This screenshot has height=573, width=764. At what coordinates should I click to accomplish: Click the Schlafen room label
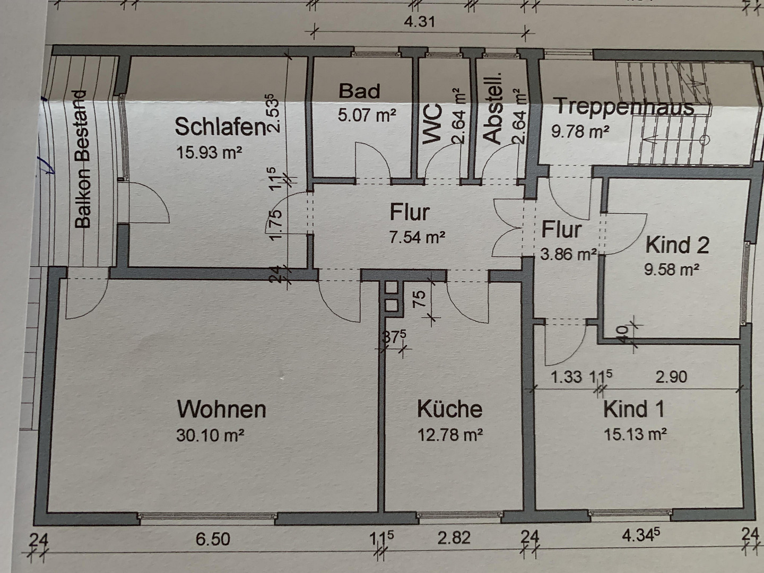pyautogui.click(x=220, y=127)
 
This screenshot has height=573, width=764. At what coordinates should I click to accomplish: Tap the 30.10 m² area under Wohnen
pyautogui.click(x=210, y=435)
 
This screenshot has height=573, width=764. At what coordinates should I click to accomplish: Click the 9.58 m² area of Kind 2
pyautogui.click(x=671, y=270)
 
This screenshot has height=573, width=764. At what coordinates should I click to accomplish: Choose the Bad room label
pyautogui.click(x=359, y=91)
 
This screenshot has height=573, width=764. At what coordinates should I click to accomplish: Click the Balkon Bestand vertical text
pyautogui.click(x=82, y=159)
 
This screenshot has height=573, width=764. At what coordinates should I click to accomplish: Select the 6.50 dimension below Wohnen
pyautogui.click(x=213, y=539)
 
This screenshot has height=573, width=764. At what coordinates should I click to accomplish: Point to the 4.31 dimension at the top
pyautogui.click(x=420, y=22)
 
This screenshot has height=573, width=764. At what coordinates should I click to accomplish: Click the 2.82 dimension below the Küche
pyautogui.click(x=454, y=538)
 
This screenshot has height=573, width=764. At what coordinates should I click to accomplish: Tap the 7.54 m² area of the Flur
pyautogui.click(x=417, y=237)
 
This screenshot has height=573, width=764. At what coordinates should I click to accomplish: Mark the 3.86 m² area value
pyautogui.click(x=568, y=254)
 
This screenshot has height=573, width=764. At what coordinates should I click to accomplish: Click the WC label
pyautogui.click(x=432, y=124)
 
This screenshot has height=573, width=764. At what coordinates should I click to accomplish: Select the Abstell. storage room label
pyautogui.click(x=492, y=108)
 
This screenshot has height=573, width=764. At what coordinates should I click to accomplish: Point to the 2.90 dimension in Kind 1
pyautogui.click(x=671, y=377)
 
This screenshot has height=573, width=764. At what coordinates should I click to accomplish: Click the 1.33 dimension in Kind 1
pyautogui.click(x=566, y=377)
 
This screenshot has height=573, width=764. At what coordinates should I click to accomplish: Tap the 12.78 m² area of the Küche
pyautogui.click(x=450, y=435)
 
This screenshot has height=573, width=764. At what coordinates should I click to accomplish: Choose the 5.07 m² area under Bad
pyautogui.click(x=367, y=115)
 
